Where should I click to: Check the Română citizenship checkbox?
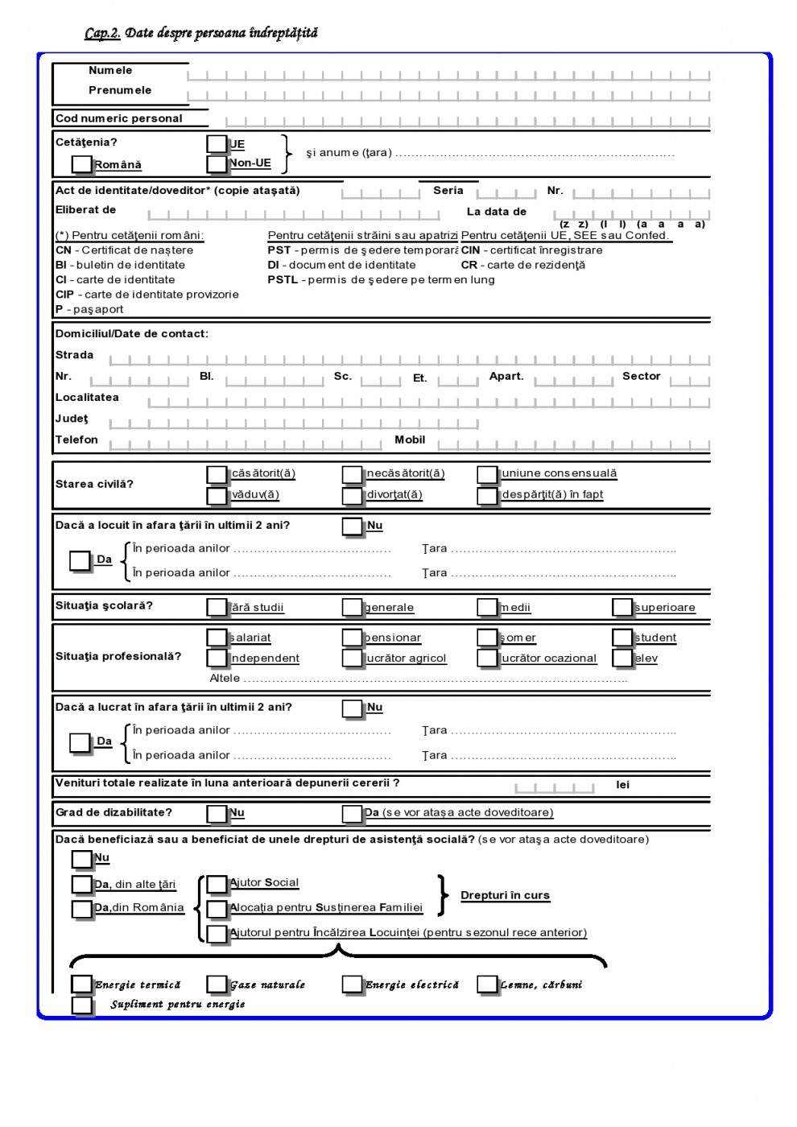(81, 164)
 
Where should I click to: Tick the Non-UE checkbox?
(217, 163)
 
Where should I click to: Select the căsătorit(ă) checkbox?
(217, 474)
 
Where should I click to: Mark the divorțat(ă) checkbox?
(352, 496)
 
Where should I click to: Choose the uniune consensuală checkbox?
(487, 474)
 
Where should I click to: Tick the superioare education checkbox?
(622, 607)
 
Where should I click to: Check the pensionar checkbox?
(352, 638)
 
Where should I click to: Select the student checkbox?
(622, 638)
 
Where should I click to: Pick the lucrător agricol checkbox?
(352, 658)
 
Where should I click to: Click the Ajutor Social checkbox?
(217, 885)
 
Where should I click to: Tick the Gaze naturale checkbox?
(217, 985)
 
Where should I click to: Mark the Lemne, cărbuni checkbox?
(487, 985)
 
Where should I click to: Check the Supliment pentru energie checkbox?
(81, 1005)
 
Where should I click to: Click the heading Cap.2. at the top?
(102, 33)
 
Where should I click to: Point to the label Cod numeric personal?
(119, 118)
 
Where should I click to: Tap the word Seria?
(448, 191)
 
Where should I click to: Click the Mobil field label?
(410, 440)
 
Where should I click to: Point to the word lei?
(622, 785)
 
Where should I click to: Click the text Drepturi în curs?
(505, 895)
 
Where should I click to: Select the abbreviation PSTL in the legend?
(283, 280)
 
